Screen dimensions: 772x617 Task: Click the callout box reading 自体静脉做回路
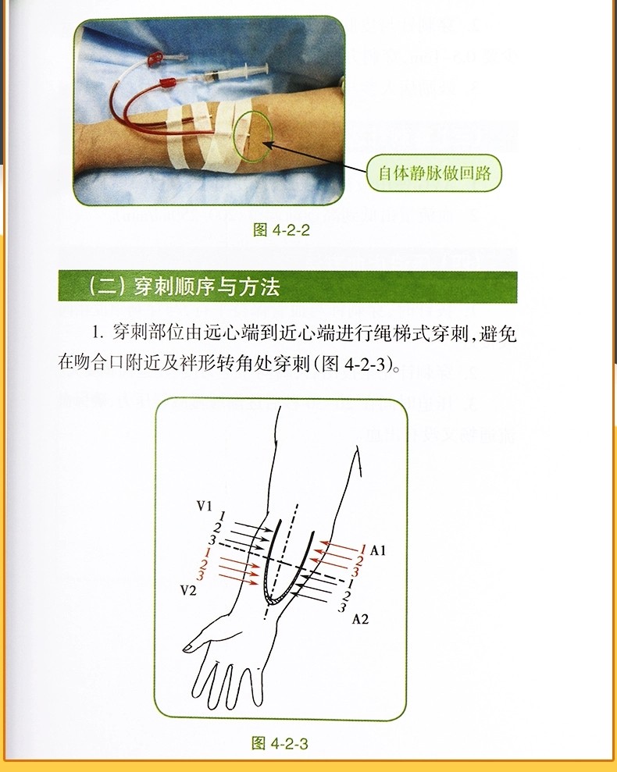pyautogui.click(x=434, y=173)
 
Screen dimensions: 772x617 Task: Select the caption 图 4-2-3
pyautogui.click(x=280, y=743)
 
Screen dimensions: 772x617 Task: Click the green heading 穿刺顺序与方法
pyautogui.click(x=184, y=287)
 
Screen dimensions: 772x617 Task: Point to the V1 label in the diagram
pyautogui.click(x=204, y=507)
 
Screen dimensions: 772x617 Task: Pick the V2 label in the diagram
pyautogui.click(x=187, y=590)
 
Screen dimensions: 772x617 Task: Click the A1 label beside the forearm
pyautogui.click(x=378, y=550)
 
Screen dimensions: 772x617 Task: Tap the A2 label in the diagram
pyautogui.click(x=360, y=620)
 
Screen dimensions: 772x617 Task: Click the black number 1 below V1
pyautogui.click(x=223, y=516)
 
